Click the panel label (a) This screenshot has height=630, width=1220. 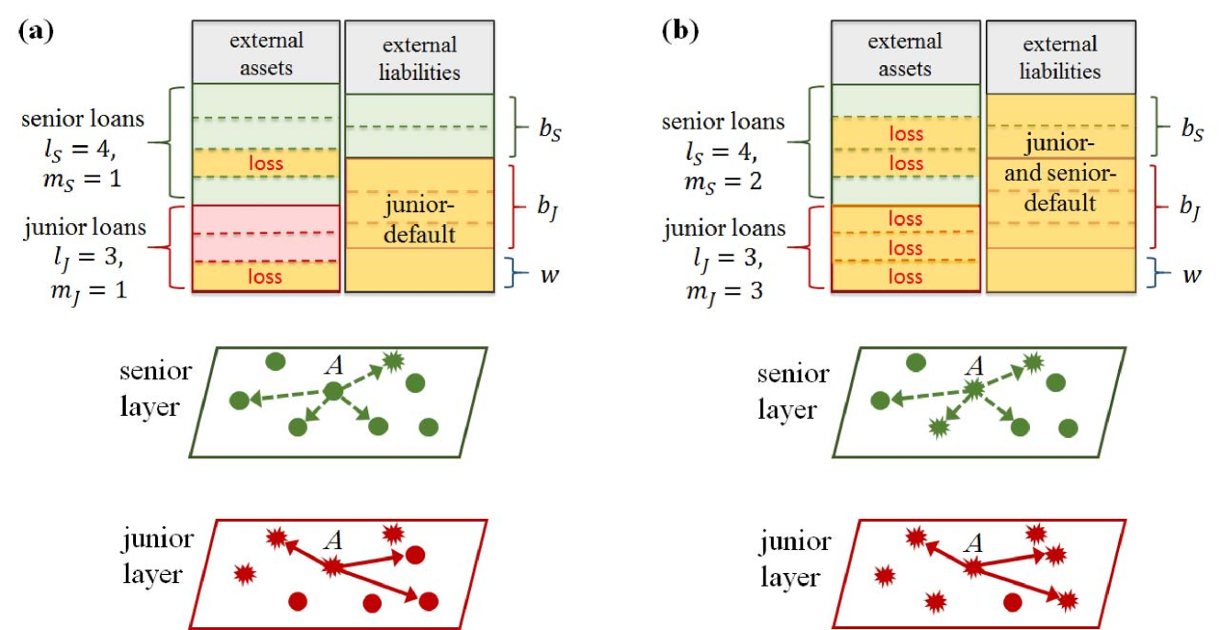click(x=36, y=30)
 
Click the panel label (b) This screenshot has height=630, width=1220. click(x=680, y=30)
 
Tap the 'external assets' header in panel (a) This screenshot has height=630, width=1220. click(x=266, y=53)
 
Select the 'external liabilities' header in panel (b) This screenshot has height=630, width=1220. click(x=1060, y=57)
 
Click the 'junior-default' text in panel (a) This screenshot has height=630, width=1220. click(x=420, y=219)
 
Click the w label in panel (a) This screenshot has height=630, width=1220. click(x=550, y=274)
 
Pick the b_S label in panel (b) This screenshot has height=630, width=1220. click(x=1192, y=129)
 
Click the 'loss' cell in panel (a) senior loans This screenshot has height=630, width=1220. click(x=266, y=163)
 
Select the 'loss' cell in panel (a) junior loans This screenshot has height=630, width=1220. click(x=266, y=276)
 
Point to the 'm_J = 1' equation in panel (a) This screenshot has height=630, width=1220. click(x=89, y=290)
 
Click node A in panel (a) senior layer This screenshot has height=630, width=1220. click(x=333, y=390)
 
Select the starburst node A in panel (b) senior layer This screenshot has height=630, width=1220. click(x=974, y=389)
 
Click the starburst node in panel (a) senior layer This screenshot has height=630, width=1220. click(x=393, y=360)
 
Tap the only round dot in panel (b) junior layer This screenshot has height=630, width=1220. click(x=1013, y=602)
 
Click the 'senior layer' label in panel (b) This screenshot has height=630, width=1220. click(x=793, y=391)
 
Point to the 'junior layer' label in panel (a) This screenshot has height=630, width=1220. click(x=157, y=557)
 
